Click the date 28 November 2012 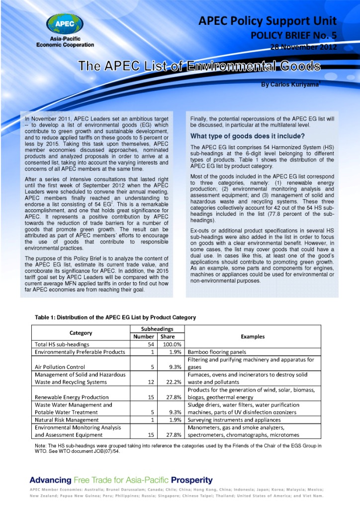pos(304,47)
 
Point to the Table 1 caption pos(115,317)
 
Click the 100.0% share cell pos(172,344)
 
